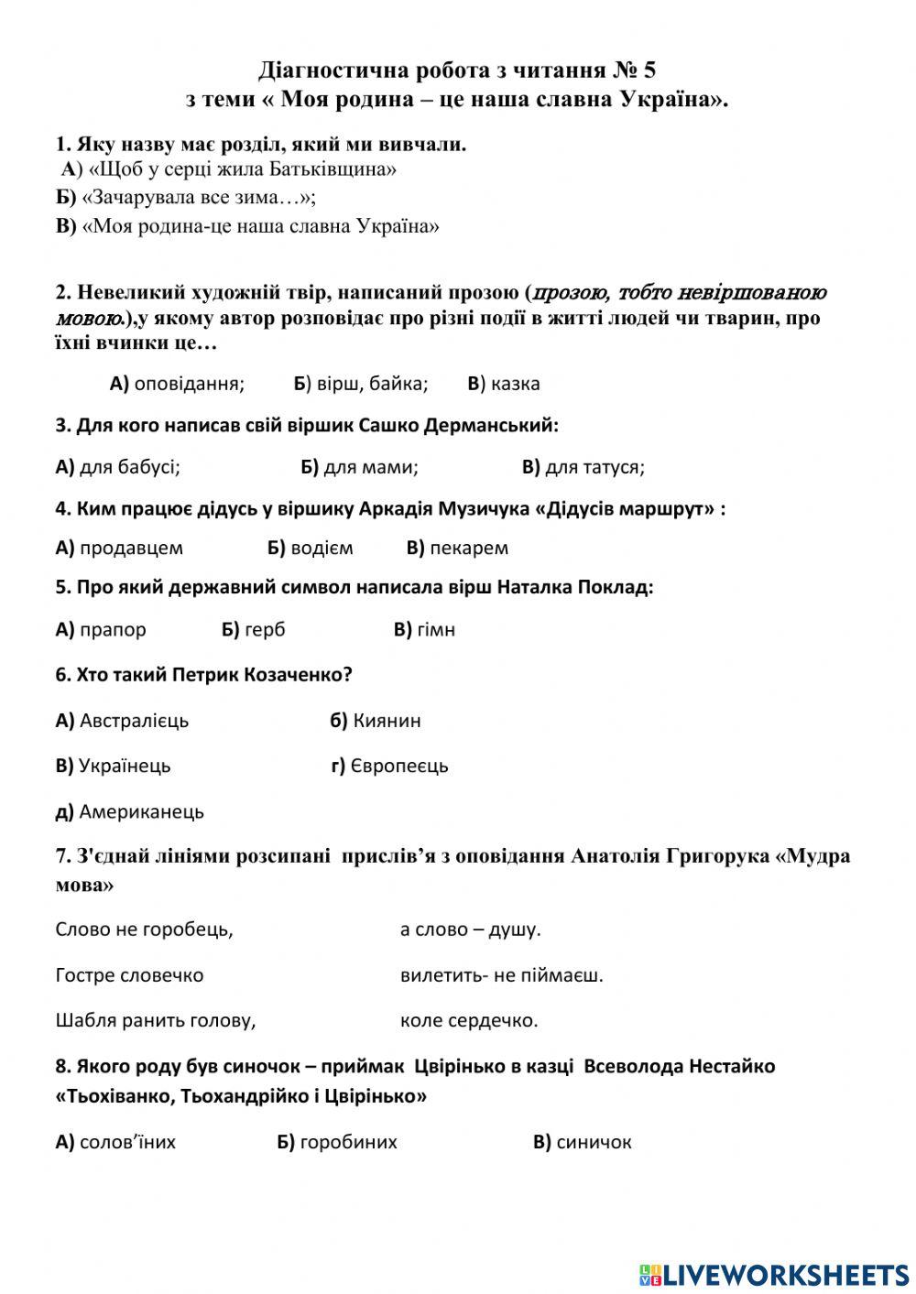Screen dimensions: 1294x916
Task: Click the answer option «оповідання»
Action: click(x=189, y=384)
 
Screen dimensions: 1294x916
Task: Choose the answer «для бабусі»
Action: click(x=129, y=467)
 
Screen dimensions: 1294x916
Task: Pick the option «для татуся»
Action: click(x=594, y=467)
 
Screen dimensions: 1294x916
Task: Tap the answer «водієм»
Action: click(x=321, y=548)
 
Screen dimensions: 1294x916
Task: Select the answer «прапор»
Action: click(x=113, y=630)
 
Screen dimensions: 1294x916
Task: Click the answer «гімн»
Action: click(x=436, y=630)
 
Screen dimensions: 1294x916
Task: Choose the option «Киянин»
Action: click(x=387, y=721)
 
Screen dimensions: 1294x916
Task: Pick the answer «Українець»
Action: click(x=125, y=766)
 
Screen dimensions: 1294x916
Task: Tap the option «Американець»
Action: click(x=141, y=811)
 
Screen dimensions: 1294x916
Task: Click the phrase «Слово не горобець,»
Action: click(x=144, y=930)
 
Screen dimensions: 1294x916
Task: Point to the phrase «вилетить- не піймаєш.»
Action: click(x=502, y=975)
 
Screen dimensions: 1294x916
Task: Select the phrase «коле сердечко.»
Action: click(x=469, y=1020)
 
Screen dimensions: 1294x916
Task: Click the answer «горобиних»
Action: click(x=348, y=1142)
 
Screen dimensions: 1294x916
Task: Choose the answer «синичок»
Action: click(x=594, y=1142)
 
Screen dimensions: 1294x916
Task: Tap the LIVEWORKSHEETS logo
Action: click(x=773, y=1275)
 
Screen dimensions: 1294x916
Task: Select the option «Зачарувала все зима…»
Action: click(x=198, y=198)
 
